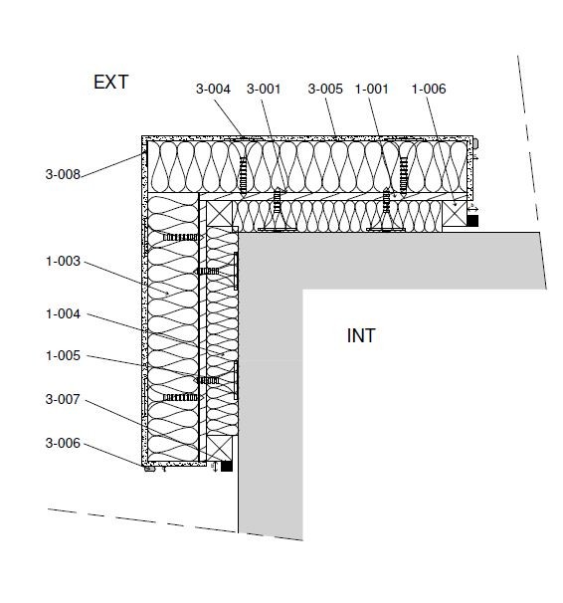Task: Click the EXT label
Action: pyautogui.click(x=110, y=82)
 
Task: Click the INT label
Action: pyautogui.click(x=361, y=335)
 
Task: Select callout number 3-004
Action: pyautogui.click(x=213, y=89)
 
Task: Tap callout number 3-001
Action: pyautogui.click(x=264, y=89)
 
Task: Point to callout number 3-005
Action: pyautogui.click(x=325, y=89)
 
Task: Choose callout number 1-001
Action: pyautogui.click(x=371, y=89)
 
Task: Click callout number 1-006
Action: pyautogui.click(x=429, y=89)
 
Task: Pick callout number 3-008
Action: pyautogui.click(x=63, y=174)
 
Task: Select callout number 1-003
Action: pyautogui.click(x=63, y=261)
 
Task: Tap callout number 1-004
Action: pyautogui.click(x=63, y=313)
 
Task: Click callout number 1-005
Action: pyautogui.click(x=63, y=355)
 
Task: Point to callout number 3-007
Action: pyautogui.click(x=63, y=399)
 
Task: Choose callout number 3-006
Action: pyautogui.click(x=63, y=443)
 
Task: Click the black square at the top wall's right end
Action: pyautogui.click(x=472, y=221)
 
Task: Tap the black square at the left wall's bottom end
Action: pyautogui.click(x=227, y=466)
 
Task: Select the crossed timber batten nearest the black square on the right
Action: pyautogui.click(x=455, y=214)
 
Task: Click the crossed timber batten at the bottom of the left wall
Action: pyautogui.click(x=220, y=448)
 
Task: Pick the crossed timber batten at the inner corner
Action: pyautogui.click(x=220, y=214)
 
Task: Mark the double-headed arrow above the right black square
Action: pyautogui.click(x=473, y=209)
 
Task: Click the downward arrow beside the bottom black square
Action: pyautogui.click(x=215, y=467)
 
